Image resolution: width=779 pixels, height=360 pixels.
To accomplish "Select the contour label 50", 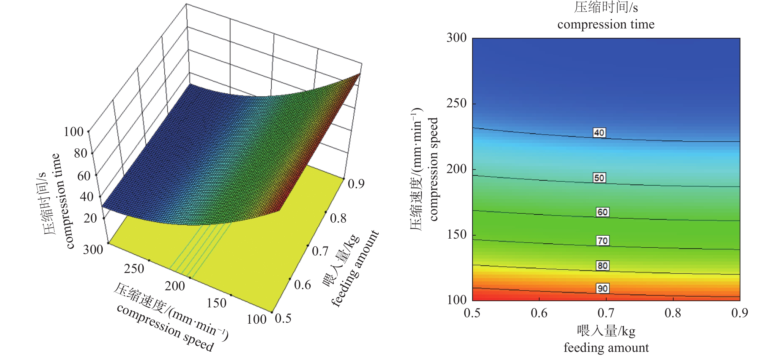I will (x=599, y=178).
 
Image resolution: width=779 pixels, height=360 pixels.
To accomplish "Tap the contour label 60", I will (x=602, y=212).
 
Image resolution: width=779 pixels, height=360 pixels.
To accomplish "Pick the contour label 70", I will (x=602, y=241).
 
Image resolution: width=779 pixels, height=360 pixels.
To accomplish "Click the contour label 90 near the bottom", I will (x=602, y=288).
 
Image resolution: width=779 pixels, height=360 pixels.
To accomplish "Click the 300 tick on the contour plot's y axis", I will (x=456, y=38).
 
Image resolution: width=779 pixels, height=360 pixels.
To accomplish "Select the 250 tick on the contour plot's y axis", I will (x=456, y=103).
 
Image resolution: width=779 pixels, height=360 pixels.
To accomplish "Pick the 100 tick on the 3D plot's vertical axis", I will (x=73, y=132).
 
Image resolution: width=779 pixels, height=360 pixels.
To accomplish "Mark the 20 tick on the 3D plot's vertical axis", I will (x=90, y=218).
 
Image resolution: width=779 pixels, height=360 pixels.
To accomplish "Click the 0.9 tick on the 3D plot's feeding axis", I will (x=356, y=184).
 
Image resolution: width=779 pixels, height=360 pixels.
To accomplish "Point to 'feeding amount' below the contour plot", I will (x=606, y=348).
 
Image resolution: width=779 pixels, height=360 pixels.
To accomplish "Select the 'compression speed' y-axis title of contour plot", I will (x=433, y=169).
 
